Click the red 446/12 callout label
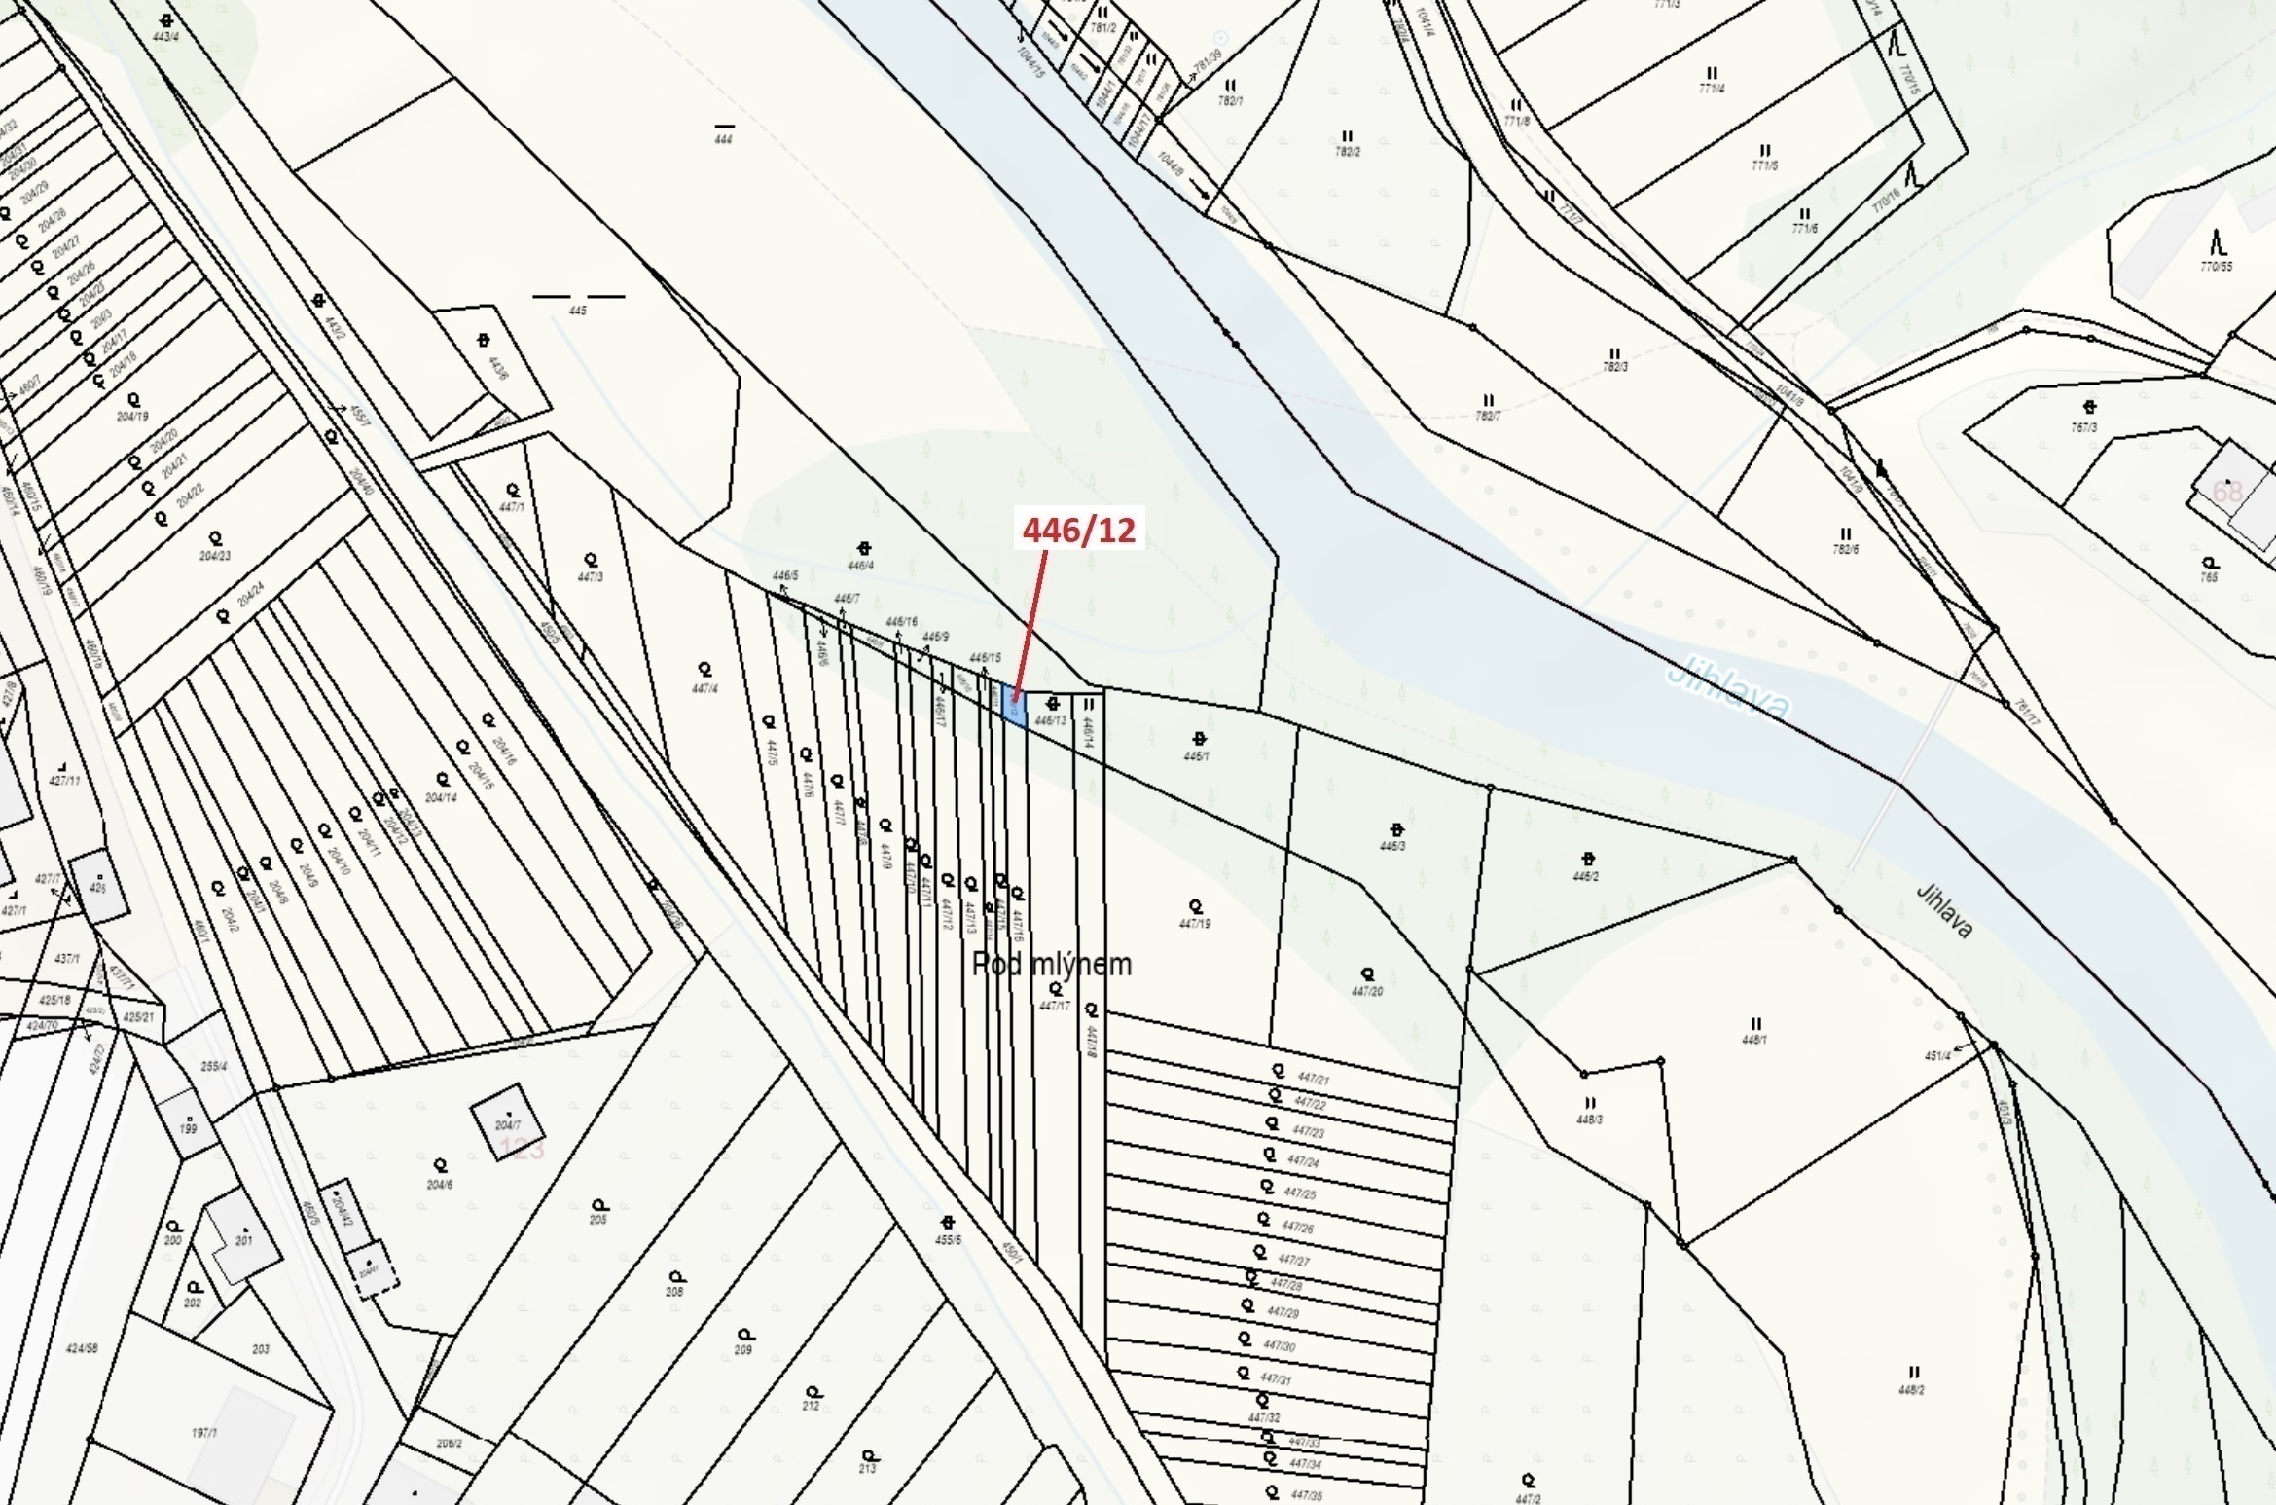[x=1078, y=530]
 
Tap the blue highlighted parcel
[x=1013, y=703]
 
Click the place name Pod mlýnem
[x=1052, y=964]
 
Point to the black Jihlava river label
[x=1943, y=911]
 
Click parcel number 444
[x=723, y=139]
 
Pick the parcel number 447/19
[x=1194, y=923]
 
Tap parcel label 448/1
[x=1754, y=1040]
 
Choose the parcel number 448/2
[x=1911, y=1390]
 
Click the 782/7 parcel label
[x=1487, y=416]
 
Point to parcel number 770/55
[x=2217, y=266]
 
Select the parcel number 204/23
[x=215, y=556]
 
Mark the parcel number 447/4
[x=704, y=688]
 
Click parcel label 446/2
[x=1585, y=876]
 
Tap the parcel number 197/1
[x=204, y=1433]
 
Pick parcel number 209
[x=743, y=1349]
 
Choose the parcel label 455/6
[x=948, y=1239]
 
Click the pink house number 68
[x=2226, y=491]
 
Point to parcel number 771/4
[x=1712, y=89]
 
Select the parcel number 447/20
[x=1366, y=991]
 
